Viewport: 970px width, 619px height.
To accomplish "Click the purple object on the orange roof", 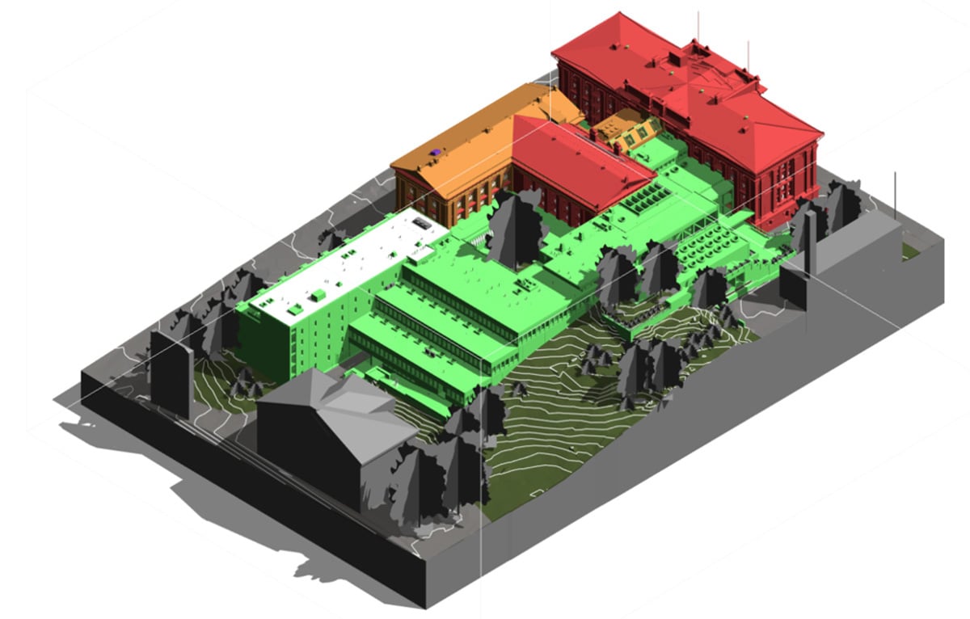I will coord(436,151).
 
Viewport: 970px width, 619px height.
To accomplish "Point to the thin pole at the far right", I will coord(895,194).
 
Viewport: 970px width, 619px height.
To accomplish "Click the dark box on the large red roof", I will coord(673,58).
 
